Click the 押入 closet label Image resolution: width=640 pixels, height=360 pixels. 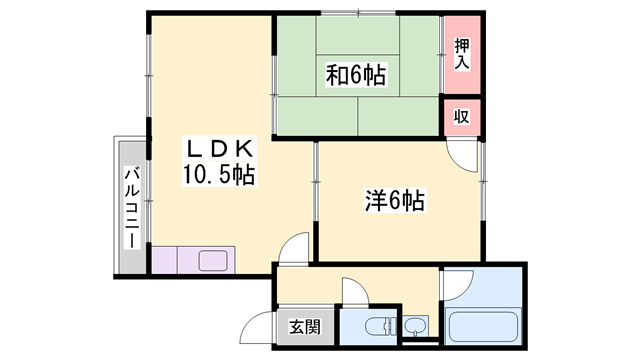(x=461, y=54)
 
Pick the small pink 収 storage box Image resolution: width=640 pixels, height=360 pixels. (x=462, y=116)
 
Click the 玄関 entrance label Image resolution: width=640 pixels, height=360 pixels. (x=305, y=326)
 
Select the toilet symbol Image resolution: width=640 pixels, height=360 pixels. (x=377, y=326)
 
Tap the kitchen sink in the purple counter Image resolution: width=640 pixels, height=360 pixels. (x=213, y=261)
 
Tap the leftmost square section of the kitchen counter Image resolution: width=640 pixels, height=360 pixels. (x=163, y=261)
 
